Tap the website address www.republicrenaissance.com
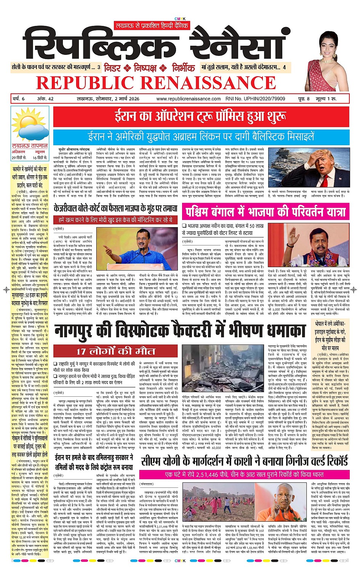point(189,99)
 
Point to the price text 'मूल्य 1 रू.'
point(330,99)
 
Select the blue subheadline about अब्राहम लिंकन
point(201,136)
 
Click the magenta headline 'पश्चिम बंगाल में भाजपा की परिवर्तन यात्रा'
point(266,212)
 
